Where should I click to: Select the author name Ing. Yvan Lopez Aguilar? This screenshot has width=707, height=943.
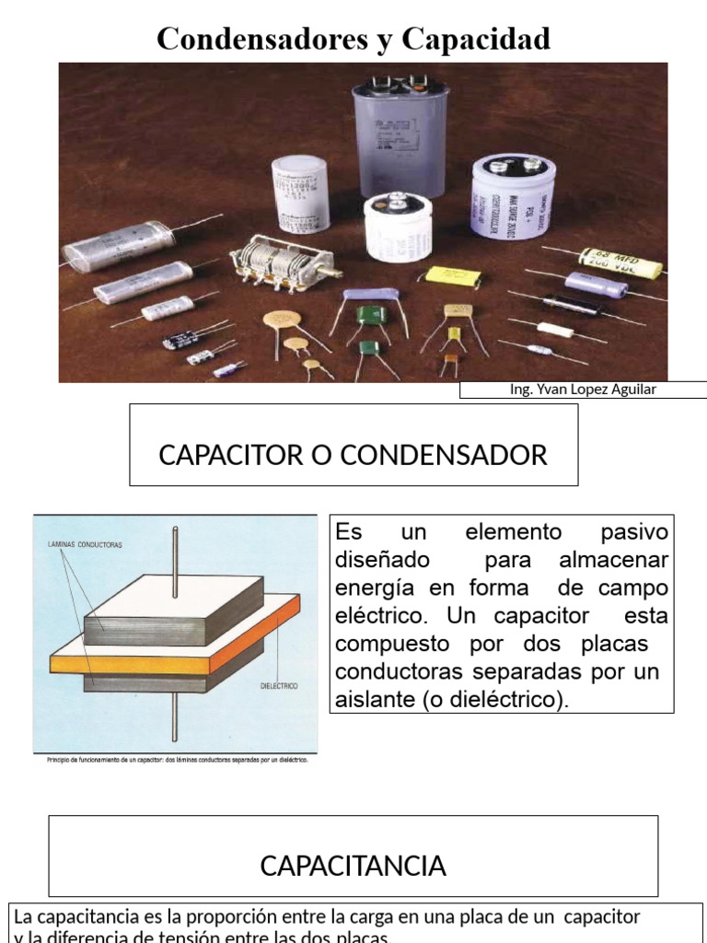(583, 390)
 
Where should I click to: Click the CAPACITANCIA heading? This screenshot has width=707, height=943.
(353, 866)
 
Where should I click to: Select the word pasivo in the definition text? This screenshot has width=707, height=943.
(633, 533)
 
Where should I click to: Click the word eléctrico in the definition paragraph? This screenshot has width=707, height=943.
(374, 616)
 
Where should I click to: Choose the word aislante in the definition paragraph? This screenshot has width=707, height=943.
(374, 700)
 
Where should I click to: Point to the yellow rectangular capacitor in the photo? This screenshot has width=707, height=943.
(456, 276)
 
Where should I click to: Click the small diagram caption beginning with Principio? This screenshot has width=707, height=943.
(175, 760)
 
